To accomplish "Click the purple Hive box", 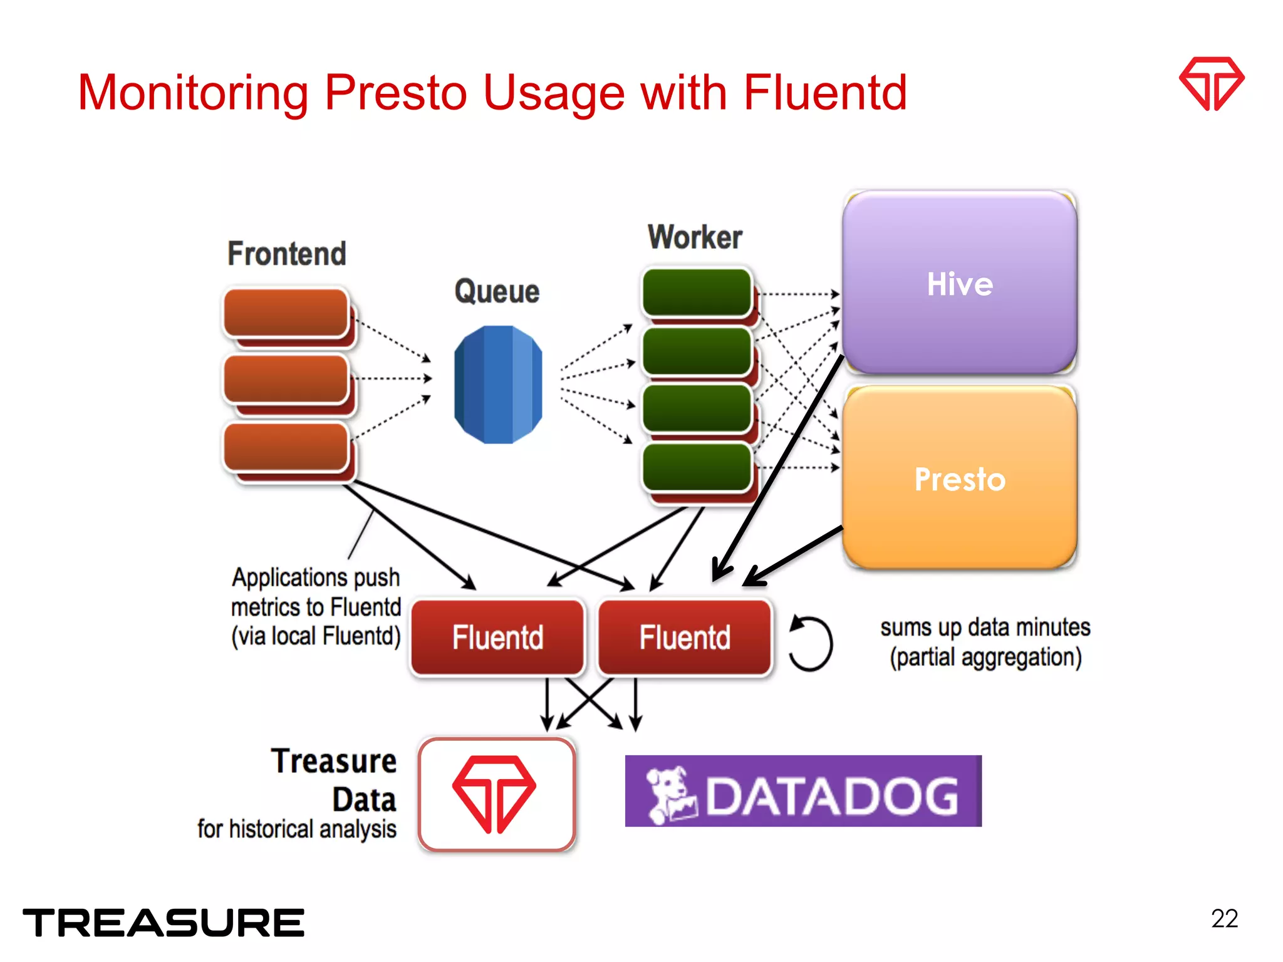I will pos(959,283).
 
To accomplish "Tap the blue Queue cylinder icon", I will pos(498,385).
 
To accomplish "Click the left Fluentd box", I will pos(497,638).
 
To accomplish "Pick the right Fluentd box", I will pos(684,638).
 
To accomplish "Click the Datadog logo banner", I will pos(803,791).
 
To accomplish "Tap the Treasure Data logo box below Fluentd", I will pos(496,794).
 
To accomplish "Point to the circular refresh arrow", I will pos(811,643).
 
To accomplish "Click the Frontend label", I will pos(287,254).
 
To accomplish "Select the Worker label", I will pos(695,237).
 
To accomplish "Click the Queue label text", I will pos(497,291).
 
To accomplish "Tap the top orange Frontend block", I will pos(286,313).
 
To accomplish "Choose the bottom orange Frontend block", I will pos(286,447).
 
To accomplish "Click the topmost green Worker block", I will pos(697,292).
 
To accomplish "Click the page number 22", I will pos(1224,919).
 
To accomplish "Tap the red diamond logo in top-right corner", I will pos(1212,84).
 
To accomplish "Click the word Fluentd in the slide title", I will pos(825,93).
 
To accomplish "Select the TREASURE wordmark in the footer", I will pos(164,923).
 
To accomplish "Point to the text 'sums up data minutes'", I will pos(985,627).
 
